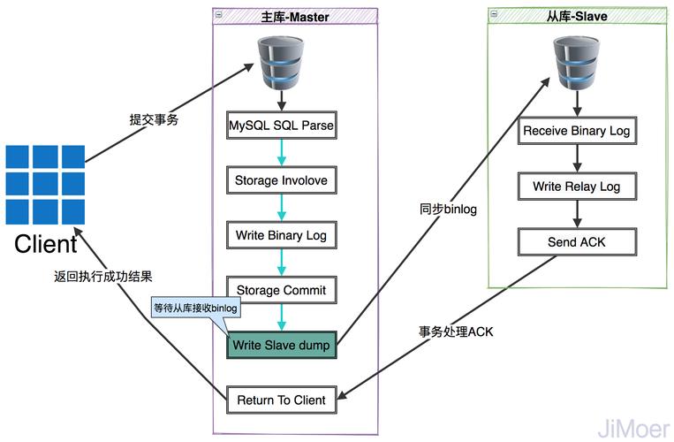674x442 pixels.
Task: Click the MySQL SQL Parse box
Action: pos(281,125)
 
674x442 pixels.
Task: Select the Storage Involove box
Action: pos(281,180)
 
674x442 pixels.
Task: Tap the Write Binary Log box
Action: pos(281,236)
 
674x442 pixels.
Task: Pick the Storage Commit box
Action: pos(281,290)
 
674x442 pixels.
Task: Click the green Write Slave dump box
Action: pos(281,345)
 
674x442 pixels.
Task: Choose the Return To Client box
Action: pos(281,400)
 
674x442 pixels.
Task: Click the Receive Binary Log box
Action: pos(577,131)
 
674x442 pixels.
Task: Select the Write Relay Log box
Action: pos(577,187)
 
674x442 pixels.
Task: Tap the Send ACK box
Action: pos(577,241)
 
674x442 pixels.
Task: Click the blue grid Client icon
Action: pos(45,185)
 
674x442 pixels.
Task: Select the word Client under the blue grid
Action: pos(46,243)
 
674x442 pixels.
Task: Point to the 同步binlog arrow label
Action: pos(447,209)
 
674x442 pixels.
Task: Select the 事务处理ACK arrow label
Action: pos(456,331)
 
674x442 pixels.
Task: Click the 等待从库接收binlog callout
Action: pos(196,309)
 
